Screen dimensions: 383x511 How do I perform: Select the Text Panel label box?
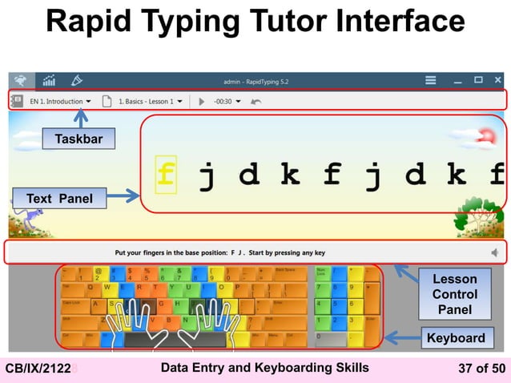pyautogui.click(x=58, y=198)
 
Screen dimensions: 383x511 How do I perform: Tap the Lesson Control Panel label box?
pyautogui.click(x=454, y=295)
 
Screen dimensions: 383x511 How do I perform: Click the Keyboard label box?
pyautogui.click(x=455, y=338)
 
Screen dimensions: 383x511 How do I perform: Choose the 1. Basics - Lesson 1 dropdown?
pyautogui.click(x=151, y=102)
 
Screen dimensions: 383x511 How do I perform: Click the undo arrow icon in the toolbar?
pyautogui.click(x=256, y=102)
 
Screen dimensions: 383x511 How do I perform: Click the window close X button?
pyautogui.click(x=497, y=80)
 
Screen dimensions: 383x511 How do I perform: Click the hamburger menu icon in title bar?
pyautogui.click(x=430, y=80)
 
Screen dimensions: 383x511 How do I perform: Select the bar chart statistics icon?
pyautogui.click(x=48, y=80)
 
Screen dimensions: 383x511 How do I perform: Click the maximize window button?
pyautogui.click(x=477, y=80)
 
